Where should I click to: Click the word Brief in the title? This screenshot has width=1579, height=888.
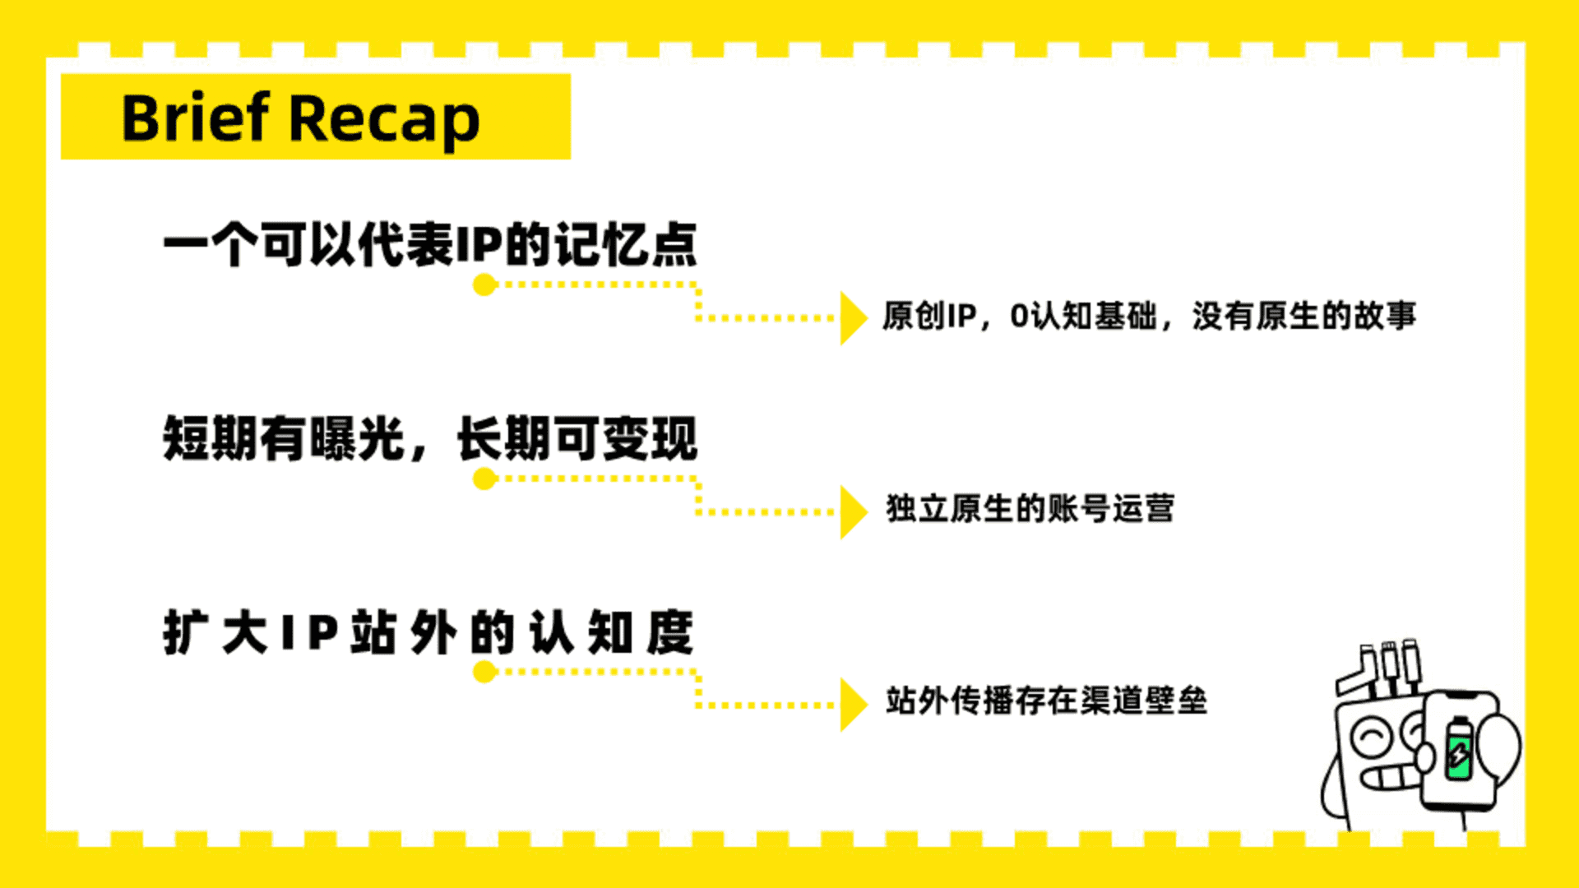pos(196,118)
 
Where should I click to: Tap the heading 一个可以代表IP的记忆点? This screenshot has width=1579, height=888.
pos(430,244)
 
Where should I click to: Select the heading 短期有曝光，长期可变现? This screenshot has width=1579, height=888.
pos(430,437)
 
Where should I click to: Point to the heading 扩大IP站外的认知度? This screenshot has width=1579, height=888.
pos(428,632)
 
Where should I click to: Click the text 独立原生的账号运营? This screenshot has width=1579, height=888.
pos(1030,509)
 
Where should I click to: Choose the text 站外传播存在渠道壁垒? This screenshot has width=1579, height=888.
pos(1046,701)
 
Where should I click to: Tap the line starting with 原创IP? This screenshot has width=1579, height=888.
pos(1149,316)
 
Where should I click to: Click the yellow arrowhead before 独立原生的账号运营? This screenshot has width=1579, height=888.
pos(854,511)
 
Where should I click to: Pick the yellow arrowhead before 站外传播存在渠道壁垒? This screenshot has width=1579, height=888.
pos(854,705)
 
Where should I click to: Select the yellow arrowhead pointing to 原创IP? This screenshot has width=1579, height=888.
pos(854,317)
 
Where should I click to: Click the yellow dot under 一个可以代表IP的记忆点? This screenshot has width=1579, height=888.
pos(484,285)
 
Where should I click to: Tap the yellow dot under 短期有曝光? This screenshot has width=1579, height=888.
pos(484,479)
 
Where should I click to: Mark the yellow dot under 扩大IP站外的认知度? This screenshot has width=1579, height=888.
pos(484,672)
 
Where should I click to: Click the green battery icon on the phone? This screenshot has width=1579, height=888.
pos(1459,748)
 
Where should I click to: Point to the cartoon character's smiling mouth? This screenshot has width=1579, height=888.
pos(1390,778)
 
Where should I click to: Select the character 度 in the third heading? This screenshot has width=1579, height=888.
pos(669,632)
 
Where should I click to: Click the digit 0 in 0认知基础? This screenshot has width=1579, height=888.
pos(1019,316)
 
